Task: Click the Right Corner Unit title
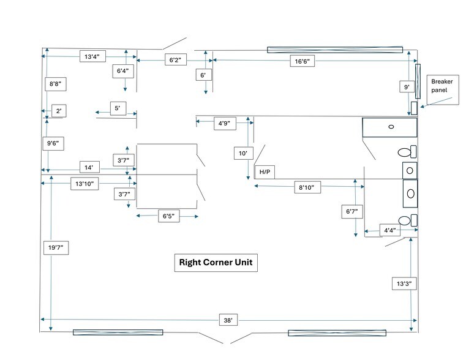click(216, 263)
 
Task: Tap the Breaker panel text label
click(444, 86)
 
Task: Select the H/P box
click(265, 172)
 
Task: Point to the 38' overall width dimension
click(228, 320)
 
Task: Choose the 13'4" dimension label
click(93, 56)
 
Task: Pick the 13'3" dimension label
click(403, 283)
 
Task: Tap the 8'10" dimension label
click(307, 187)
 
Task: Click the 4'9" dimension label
click(224, 123)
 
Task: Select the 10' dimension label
click(243, 153)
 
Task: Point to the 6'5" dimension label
click(168, 217)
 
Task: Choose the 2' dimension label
click(59, 111)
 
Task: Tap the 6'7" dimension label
click(351, 212)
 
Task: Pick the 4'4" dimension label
click(389, 231)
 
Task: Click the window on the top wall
click(334, 50)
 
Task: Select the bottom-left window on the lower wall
click(118, 332)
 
